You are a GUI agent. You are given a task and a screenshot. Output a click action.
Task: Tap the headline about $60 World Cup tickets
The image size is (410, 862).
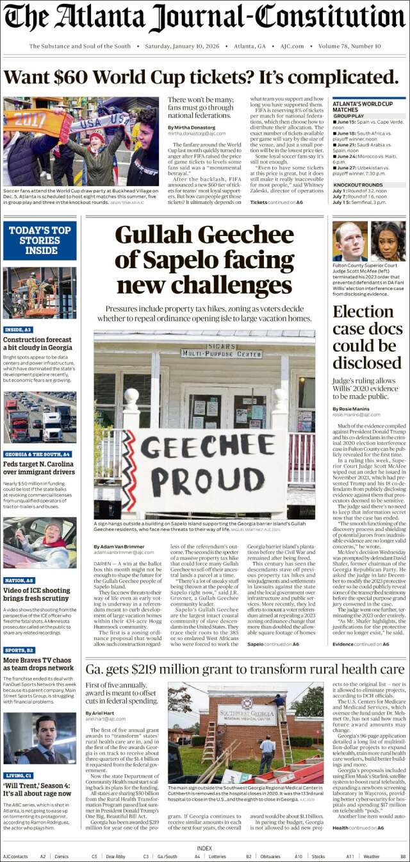click(201, 78)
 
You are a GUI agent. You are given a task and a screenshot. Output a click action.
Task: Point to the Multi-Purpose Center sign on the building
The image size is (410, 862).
click(212, 352)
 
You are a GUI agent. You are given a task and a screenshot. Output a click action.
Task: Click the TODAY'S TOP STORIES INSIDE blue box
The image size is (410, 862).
click(40, 241)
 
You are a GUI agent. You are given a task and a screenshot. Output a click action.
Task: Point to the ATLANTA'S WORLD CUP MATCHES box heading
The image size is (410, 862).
click(363, 106)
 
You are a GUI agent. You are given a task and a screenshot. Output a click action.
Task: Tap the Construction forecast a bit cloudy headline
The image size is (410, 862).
click(38, 343)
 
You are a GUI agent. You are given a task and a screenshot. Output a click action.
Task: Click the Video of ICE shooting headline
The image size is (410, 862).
click(38, 590)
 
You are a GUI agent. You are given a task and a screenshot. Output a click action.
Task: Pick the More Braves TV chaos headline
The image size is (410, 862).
click(38, 663)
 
